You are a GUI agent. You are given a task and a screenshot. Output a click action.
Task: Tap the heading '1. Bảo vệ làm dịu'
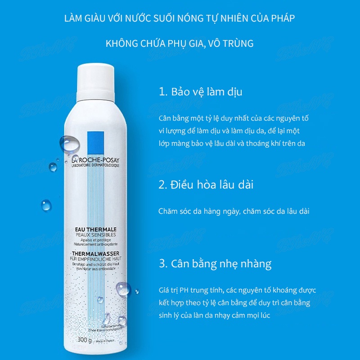[x=200, y=92]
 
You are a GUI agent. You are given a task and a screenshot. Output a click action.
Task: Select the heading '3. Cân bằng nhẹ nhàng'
[x=215, y=263]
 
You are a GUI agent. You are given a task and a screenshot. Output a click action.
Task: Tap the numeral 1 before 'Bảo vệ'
[x=162, y=92]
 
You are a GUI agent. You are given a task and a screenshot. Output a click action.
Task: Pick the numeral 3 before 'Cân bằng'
[x=162, y=263]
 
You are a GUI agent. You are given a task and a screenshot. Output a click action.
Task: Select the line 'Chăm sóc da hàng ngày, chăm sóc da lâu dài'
[x=234, y=211]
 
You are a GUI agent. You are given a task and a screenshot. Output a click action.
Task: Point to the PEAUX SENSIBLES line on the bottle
[x=95, y=235]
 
